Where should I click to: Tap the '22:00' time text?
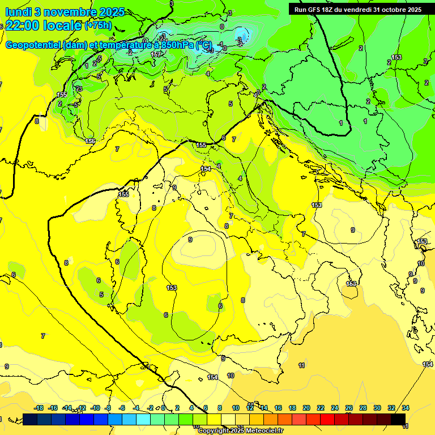23,26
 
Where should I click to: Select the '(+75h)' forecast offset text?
98,26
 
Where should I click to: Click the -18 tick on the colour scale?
39,408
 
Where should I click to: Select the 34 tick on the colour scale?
406,408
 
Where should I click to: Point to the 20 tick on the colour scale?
306,408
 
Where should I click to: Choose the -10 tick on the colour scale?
95,408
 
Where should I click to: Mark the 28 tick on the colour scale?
363,408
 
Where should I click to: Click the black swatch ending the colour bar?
398,419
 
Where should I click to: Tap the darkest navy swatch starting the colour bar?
31,419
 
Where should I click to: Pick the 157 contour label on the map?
156,54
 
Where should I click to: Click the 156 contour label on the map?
90,141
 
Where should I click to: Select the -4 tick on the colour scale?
137,408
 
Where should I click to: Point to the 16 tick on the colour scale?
278,408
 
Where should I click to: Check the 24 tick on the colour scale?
335,408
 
